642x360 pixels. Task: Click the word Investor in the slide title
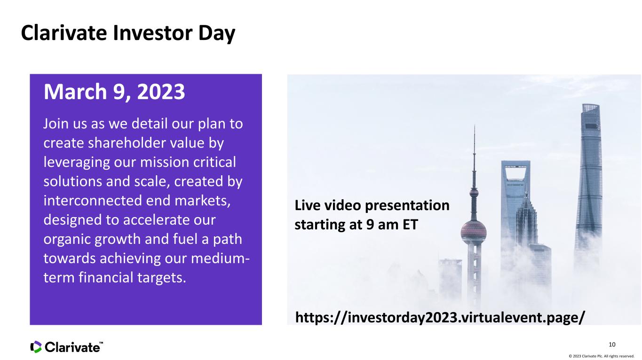(152, 33)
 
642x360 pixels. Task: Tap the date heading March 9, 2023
(114, 92)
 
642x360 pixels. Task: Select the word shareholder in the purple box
(127, 142)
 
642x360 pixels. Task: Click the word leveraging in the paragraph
(77, 163)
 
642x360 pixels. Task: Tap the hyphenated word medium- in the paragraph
(220, 258)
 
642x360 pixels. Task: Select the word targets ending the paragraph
(162, 278)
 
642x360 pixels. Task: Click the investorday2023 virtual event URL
(440, 318)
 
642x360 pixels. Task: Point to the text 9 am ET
(392, 224)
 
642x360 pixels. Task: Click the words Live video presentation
(372, 206)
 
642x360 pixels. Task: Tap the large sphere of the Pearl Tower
(474, 232)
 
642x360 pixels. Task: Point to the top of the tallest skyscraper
(590, 105)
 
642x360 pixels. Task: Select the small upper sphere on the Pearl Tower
(474, 192)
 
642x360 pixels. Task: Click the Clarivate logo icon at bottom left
(36, 347)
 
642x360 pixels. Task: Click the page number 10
(612, 344)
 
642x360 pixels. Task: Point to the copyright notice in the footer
(601, 356)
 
